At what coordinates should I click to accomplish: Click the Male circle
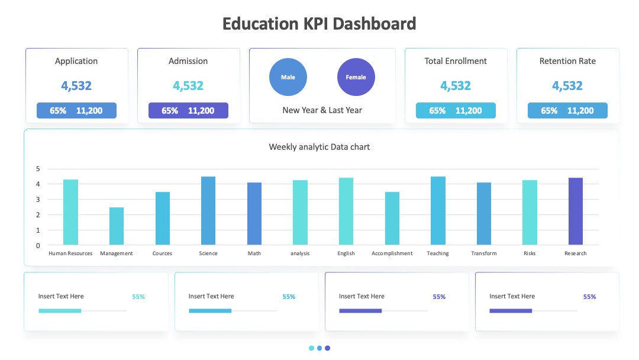pos(288,77)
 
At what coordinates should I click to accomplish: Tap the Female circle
pos(356,77)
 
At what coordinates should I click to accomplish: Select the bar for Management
pos(117,226)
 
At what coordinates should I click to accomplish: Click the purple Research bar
pos(576,211)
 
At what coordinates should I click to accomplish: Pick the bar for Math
pos(254,213)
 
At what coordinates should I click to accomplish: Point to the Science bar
pos(208,210)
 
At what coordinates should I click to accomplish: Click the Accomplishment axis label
pos(392,253)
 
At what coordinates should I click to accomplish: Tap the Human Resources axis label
pos(70,253)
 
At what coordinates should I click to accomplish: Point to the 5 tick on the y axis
pos(38,169)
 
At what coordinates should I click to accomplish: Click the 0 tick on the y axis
pos(38,245)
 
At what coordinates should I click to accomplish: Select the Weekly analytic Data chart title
pos(319,147)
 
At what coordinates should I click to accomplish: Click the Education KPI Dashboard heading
pos(319,24)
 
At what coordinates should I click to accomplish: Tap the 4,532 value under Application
pos(76,86)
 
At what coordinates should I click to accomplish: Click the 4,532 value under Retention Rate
pos(567,86)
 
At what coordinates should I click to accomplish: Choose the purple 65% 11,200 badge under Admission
pos(188,111)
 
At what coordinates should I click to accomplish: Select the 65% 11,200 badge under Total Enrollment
pos(456,111)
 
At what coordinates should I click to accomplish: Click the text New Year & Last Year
pos(322,110)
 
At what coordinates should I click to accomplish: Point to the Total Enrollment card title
pos(456,61)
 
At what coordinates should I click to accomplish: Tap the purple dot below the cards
pos(328,348)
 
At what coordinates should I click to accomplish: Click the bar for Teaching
pos(438,210)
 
